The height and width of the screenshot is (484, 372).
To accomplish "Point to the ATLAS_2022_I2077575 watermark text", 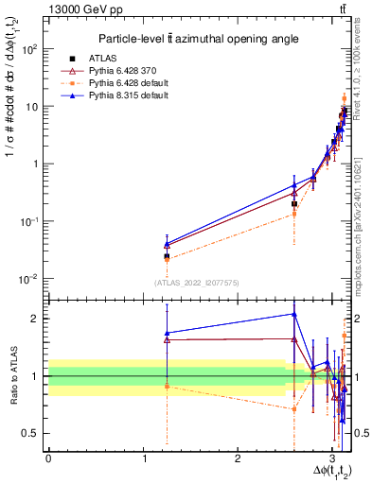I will point(195,283).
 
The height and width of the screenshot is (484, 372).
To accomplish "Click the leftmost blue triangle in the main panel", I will point(167,245).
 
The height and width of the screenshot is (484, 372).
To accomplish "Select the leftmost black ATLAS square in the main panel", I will point(167,256).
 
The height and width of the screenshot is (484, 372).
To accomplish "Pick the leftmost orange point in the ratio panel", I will point(167,386).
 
